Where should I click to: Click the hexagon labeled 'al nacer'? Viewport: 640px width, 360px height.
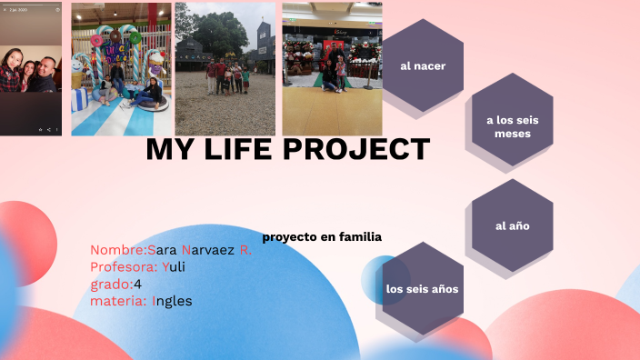point(422,65)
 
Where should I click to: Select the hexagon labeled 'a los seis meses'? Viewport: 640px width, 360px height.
point(513,126)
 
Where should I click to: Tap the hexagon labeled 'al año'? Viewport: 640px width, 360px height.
point(513,225)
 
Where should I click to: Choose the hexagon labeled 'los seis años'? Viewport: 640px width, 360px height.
point(422,289)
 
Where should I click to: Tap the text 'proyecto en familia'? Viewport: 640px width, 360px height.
point(322,237)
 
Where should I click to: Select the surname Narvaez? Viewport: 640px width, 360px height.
point(210,249)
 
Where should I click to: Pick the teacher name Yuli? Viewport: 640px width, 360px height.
point(174,266)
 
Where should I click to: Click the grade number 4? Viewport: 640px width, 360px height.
point(137,284)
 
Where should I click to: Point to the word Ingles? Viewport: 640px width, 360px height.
point(172,301)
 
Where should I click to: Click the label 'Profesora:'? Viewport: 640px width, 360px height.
point(124,266)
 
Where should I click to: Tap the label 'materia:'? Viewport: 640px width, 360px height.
point(119,301)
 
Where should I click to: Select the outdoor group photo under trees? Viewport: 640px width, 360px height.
point(225,69)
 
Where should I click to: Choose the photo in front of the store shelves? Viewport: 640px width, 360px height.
point(332,69)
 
